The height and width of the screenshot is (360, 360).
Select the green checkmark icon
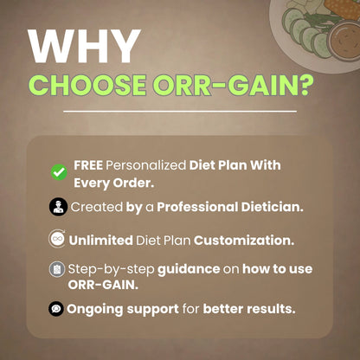point(59,171)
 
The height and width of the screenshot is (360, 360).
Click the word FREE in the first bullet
point(88,164)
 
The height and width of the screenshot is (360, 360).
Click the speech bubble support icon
point(56,308)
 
